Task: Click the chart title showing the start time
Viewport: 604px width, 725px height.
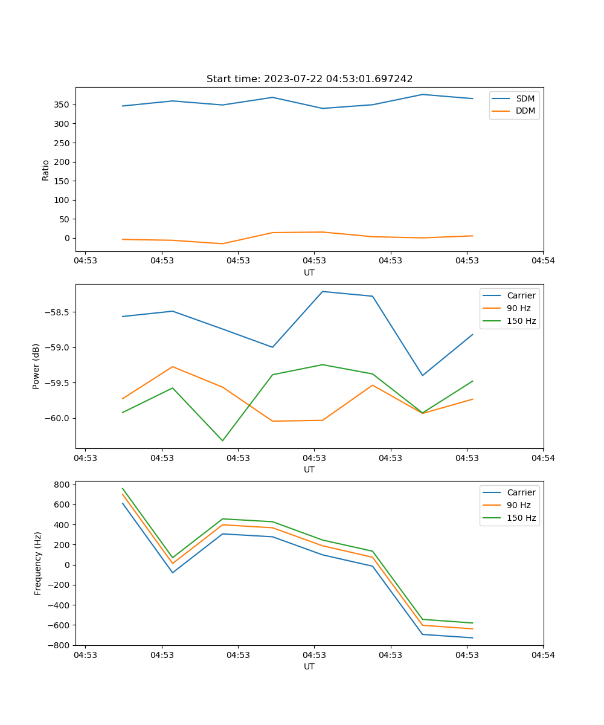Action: pos(309,79)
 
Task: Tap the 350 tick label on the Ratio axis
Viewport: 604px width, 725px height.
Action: pos(62,105)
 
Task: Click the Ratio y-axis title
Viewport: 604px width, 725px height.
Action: pos(46,169)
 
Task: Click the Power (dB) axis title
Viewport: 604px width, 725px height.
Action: pos(37,366)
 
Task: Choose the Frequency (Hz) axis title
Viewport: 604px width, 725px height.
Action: pos(38,563)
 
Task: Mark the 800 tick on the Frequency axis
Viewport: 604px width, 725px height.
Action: pos(62,485)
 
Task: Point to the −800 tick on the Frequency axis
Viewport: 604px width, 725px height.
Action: pos(60,645)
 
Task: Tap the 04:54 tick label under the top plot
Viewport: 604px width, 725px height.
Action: pos(542,261)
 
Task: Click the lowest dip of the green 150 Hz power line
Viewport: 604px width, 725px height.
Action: pos(222,440)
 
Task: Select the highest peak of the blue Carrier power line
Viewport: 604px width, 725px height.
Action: pos(323,291)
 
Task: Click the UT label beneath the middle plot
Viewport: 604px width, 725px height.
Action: pos(309,469)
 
